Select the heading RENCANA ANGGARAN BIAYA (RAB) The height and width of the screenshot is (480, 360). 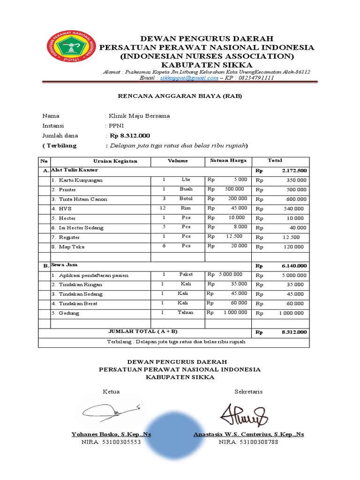coord(180,97)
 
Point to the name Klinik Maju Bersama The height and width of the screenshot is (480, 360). coord(139,116)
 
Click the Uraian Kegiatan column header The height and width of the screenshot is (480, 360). coord(115,161)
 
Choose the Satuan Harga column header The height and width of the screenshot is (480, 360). coord(228,161)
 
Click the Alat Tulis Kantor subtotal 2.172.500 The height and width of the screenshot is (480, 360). coord(294,171)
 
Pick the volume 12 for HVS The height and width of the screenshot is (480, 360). coord(163,208)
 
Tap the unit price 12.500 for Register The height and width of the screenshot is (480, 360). coord(234,237)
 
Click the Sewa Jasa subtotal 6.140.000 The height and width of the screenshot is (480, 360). coord(294,266)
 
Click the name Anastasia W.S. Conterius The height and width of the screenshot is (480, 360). coord(248,435)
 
